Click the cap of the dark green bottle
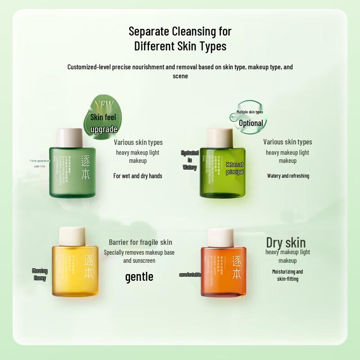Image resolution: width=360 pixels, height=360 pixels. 69,138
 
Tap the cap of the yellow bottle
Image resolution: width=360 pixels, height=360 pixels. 72,237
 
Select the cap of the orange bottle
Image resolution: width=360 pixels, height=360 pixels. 221,238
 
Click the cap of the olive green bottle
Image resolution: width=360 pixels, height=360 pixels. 220,138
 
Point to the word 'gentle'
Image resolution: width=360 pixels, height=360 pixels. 139,277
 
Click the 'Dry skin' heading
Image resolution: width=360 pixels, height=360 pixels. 286,243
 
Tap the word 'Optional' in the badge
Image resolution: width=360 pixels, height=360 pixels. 251,123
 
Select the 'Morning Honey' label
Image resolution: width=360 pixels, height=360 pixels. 40,274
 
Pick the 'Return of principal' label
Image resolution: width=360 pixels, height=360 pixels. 234,168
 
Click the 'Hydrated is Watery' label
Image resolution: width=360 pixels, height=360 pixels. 189,160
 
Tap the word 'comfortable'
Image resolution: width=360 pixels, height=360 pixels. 190,274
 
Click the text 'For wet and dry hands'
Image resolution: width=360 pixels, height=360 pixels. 138,176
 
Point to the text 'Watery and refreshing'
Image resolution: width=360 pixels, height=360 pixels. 288,176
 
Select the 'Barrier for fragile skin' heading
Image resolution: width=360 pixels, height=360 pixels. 140,242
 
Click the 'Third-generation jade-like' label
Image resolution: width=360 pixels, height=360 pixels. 40,163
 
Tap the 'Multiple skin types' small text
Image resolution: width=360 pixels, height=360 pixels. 250,112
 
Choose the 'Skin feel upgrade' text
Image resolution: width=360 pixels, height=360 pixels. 103,123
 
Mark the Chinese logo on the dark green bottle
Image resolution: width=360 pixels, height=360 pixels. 85,167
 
